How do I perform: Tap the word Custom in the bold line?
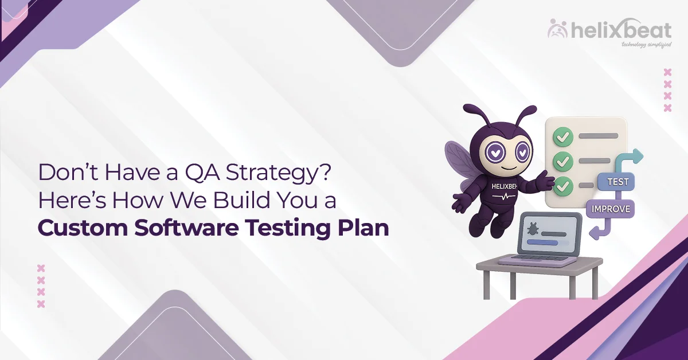(73, 227)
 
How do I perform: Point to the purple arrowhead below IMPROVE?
(595, 233)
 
